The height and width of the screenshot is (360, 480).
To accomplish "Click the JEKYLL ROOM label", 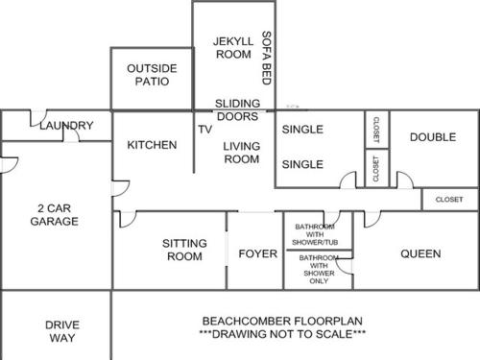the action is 233,48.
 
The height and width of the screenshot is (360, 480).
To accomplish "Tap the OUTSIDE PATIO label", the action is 152,75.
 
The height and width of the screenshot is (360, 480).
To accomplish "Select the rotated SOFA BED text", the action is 267,58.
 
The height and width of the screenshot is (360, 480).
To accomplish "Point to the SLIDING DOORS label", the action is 237,109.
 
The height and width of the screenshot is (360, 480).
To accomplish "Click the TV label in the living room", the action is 205,130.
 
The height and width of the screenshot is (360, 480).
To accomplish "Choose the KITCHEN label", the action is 152,145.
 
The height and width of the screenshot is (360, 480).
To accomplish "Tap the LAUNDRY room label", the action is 66,126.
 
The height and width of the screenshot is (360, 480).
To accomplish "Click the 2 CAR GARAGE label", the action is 55,215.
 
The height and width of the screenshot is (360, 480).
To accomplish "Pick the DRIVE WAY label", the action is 62,331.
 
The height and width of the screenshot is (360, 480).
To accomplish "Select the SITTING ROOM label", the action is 184,250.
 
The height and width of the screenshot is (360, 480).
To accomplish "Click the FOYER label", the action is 258,253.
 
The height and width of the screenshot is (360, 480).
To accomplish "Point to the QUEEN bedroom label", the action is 420,253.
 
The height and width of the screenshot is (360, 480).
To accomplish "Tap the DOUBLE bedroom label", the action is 433,137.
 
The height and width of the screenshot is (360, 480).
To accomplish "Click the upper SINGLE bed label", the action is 302,130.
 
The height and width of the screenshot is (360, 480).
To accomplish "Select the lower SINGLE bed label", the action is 302,164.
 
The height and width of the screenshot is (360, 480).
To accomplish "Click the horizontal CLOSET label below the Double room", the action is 449,200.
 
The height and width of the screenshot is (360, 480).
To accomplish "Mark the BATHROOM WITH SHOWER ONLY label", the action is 319,270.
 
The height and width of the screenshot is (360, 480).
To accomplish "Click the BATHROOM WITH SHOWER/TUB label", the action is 315,234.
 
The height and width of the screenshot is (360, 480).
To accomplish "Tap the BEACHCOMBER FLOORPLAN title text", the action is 282,321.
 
